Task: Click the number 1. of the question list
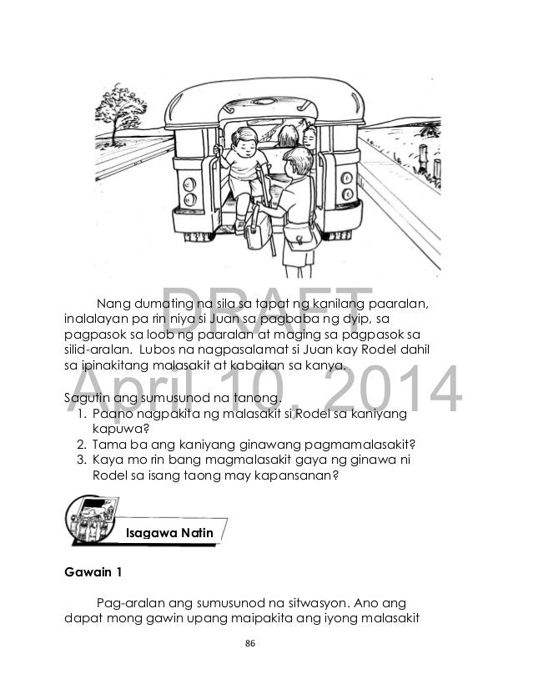pos(81,415)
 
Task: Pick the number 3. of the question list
pos(81,460)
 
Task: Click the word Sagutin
pos(88,399)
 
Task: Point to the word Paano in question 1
pos(112,415)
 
